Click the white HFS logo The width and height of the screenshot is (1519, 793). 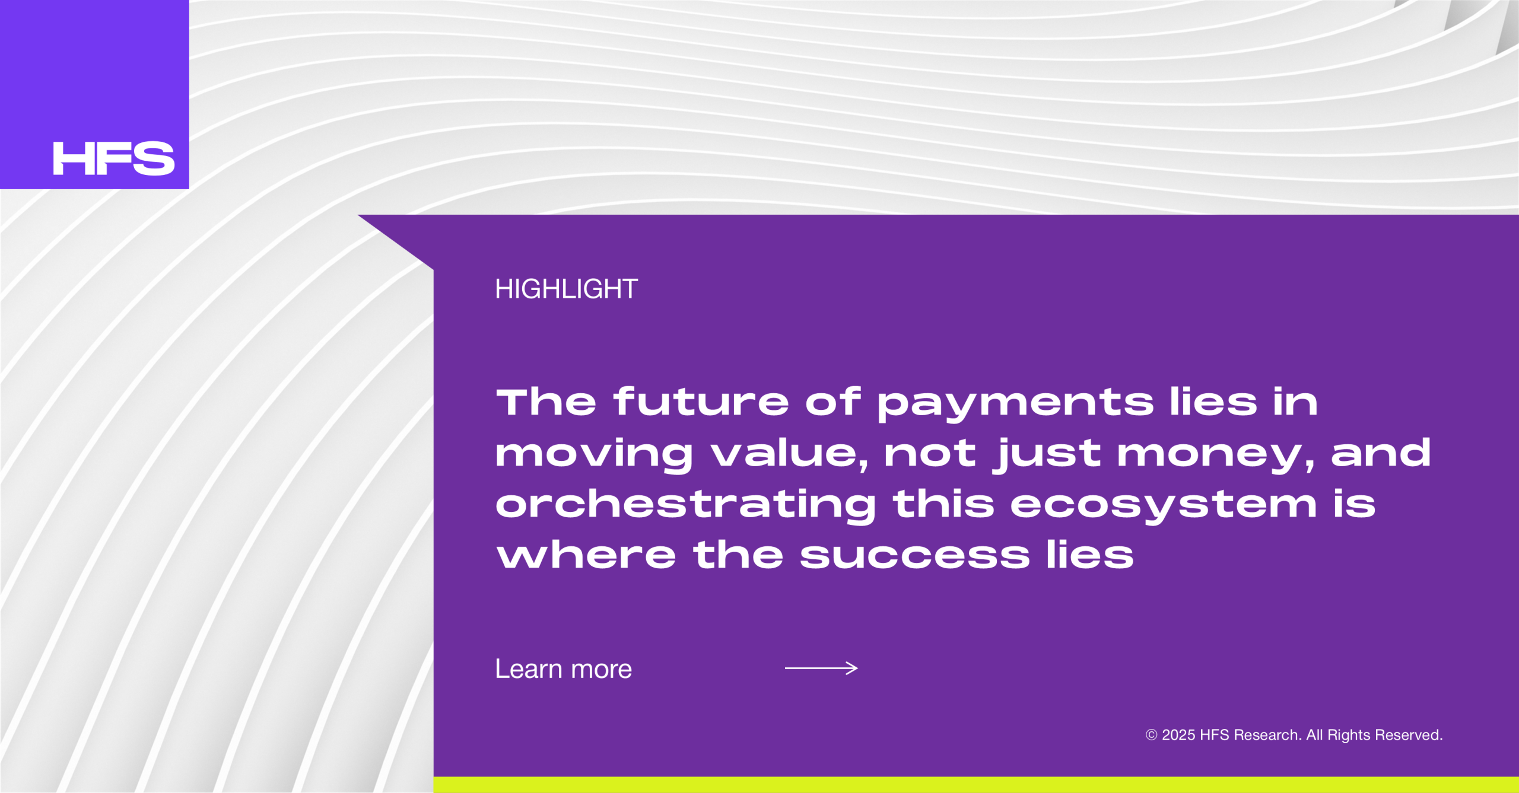pos(114,158)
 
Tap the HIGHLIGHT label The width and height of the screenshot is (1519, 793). pos(566,289)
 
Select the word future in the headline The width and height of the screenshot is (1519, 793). pos(701,402)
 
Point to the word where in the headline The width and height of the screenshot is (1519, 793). pos(586,555)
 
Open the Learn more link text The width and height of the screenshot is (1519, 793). pos(563,669)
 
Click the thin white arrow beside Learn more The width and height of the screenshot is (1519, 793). pos(821,668)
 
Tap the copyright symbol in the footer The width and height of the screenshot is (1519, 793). pos(1151,735)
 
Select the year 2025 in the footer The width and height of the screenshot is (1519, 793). pos(1178,735)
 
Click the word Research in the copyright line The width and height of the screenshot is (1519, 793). pos(1267,735)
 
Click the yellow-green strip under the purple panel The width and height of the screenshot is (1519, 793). pos(976,785)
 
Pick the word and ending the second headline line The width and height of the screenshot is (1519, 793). pos(1381,453)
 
